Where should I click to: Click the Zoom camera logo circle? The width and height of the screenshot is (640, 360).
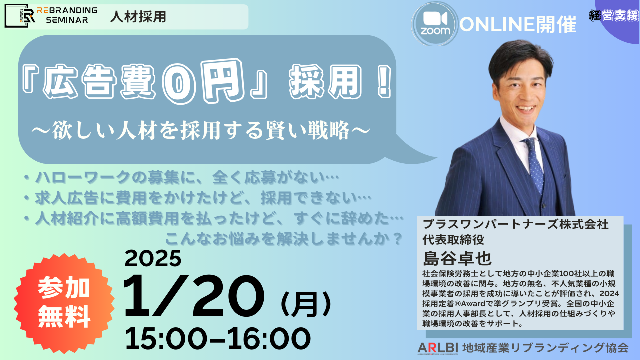point(435,24)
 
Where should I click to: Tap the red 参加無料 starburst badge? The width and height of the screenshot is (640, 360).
point(64,303)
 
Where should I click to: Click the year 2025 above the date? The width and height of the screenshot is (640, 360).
point(153,259)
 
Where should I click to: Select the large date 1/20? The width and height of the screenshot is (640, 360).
point(193,296)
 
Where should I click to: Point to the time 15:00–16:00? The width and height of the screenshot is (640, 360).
point(217,338)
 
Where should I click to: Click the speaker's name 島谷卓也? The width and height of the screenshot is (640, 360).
point(457,258)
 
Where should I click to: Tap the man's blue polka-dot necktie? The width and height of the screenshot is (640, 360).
point(533,165)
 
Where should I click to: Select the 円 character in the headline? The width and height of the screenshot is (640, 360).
point(223,81)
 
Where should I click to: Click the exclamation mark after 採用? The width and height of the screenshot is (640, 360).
point(384,81)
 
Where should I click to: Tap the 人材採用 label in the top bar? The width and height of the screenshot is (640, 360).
point(138,17)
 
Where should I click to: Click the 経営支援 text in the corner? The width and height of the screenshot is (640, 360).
point(614,15)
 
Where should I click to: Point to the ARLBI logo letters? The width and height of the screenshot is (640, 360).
point(438,348)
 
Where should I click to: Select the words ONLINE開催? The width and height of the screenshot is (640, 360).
point(518,24)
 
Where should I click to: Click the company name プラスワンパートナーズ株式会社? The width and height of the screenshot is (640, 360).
point(515,224)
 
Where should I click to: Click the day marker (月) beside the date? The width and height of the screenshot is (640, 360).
point(306,305)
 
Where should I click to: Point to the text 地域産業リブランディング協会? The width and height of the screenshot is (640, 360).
point(545,348)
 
